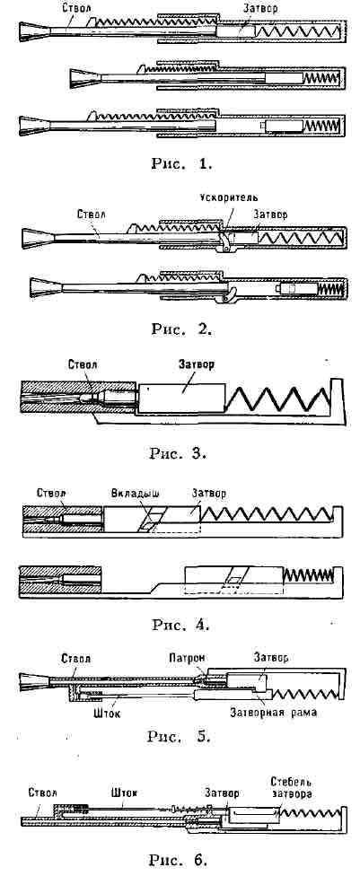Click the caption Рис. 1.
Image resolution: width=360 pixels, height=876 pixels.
pyautogui.click(x=181, y=163)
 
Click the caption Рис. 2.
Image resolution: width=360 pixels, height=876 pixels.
pyautogui.click(x=181, y=328)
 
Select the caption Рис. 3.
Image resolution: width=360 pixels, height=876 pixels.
pyautogui.click(x=179, y=453)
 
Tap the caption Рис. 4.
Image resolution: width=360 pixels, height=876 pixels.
pyautogui.click(x=180, y=624)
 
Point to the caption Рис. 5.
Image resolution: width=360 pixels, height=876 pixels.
pyautogui.click(x=179, y=736)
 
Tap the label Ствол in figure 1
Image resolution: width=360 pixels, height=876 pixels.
pyautogui.click(x=74, y=8)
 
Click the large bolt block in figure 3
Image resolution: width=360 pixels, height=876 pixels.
pyautogui.click(x=181, y=399)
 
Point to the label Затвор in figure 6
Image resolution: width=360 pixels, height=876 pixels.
pyautogui.click(x=222, y=793)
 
